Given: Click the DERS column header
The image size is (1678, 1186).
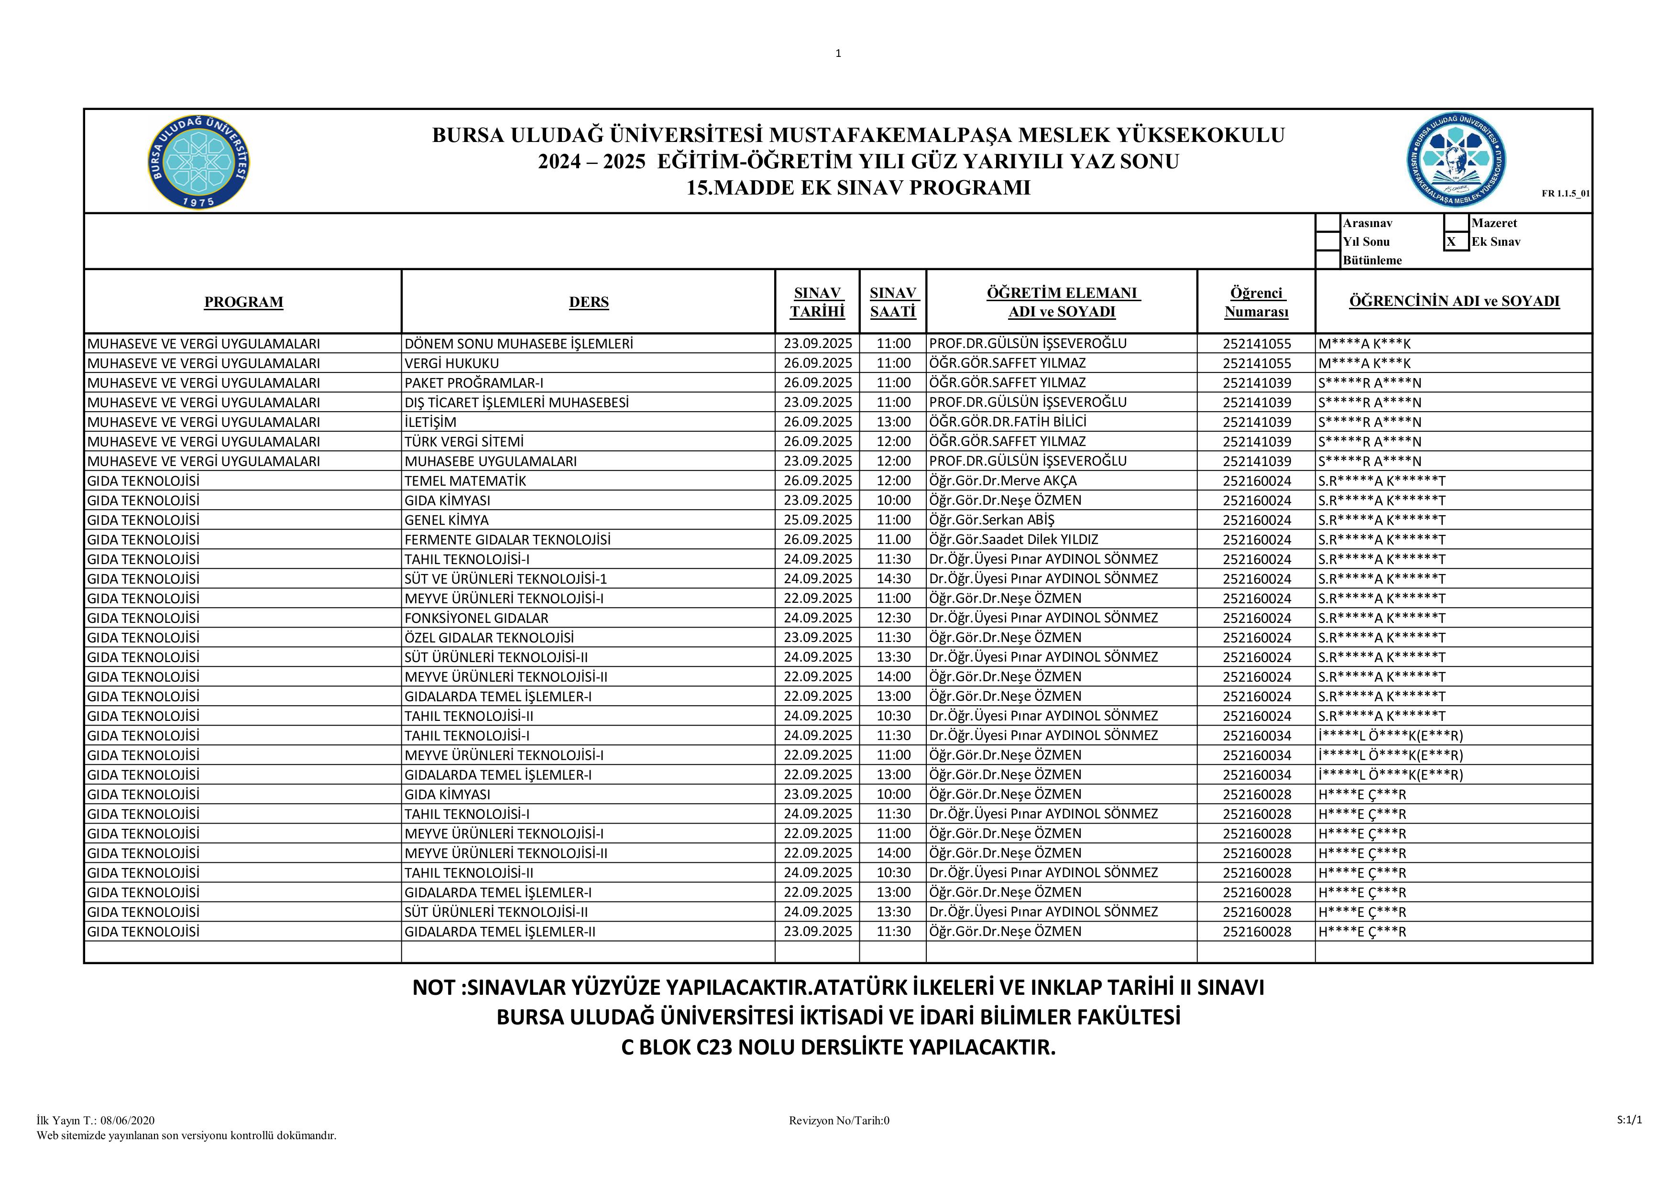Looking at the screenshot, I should [x=588, y=302].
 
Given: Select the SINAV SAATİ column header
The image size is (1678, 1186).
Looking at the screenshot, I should [x=892, y=302].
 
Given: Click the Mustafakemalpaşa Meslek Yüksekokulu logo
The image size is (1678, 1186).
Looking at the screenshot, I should [x=1457, y=161].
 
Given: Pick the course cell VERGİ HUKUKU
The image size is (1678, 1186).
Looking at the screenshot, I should [x=451, y=363].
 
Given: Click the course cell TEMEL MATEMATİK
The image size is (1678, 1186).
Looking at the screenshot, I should [x=465, y=481].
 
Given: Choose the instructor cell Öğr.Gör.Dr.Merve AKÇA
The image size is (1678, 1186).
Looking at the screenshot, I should [x=1003, y=481].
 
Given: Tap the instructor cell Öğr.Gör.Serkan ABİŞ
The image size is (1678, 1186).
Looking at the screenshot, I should [x=992, y=520].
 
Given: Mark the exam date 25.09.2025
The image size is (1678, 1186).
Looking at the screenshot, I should [x=818, y=520].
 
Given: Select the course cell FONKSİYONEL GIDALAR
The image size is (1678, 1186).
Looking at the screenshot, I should [x=476, y=618].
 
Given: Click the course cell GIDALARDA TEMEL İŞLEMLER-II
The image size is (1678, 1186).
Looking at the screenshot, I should [x=500, y=932].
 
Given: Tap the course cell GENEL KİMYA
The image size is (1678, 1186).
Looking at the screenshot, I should [x=447, y=520].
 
